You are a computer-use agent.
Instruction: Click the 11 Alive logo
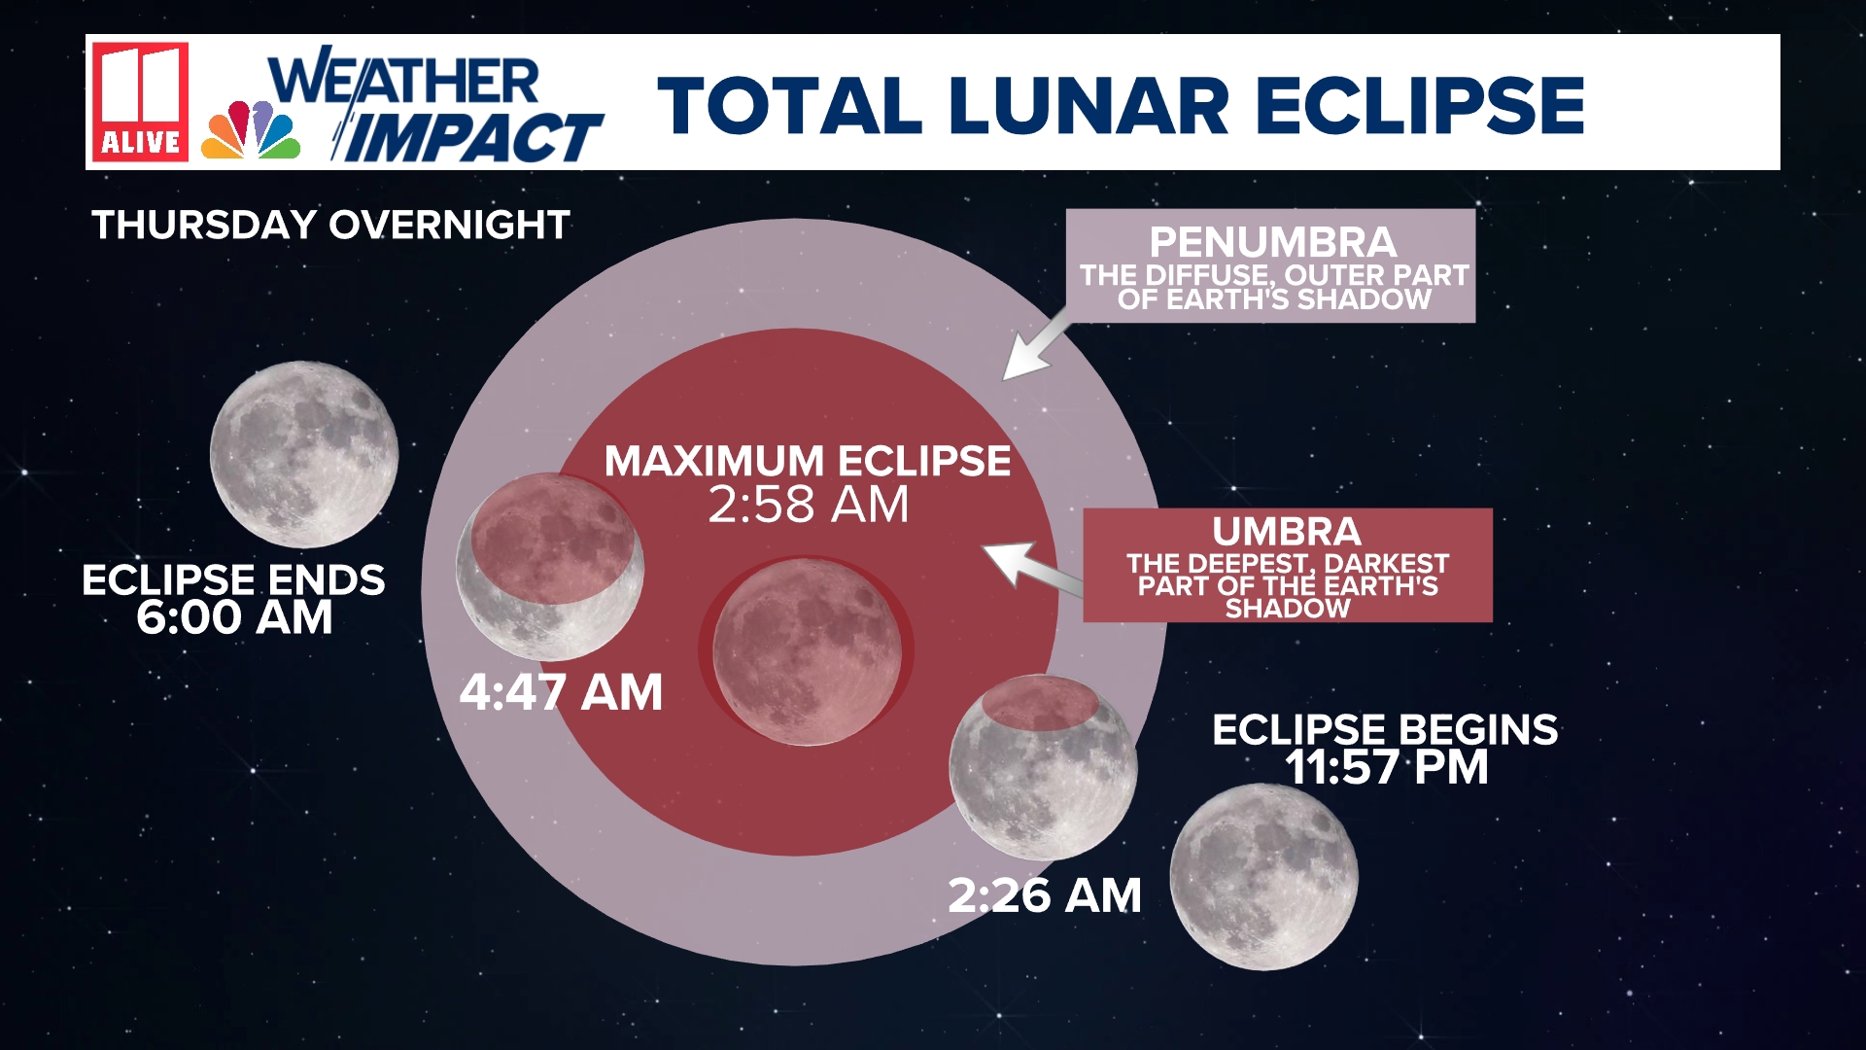(x=141, y=101)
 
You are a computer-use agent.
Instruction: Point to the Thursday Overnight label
(x=330, y=226)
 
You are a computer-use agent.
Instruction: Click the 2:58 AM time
(x=808, y=505)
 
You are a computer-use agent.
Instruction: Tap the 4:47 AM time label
(x=561, y=693)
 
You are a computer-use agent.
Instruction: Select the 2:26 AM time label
(x=1044, y=895)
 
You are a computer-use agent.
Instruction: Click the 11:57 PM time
(x=1386, y=768)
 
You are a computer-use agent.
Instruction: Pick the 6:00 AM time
(x=234, y=618)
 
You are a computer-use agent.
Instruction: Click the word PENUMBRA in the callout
(x=1272, y=242)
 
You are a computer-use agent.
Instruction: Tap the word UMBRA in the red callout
(x=1287, y=532)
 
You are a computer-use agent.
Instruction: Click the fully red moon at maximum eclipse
(x=807, y=651)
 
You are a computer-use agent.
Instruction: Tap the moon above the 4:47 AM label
(x=550, y=568)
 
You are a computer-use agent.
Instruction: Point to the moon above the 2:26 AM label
(x=1043, y=768)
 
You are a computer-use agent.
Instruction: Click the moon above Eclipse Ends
(x=304, y=454)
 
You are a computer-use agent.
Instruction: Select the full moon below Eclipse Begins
(x=1263, y=877)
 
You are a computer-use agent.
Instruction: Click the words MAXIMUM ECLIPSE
(x=807, y=461)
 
